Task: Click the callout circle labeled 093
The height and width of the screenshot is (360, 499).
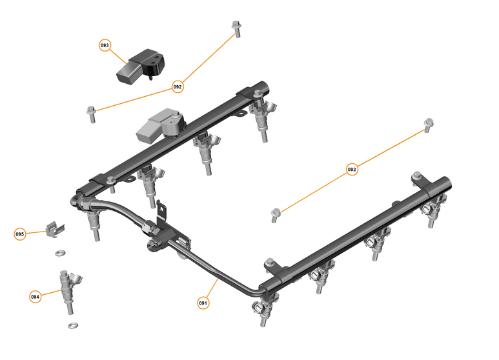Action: pos(105,45)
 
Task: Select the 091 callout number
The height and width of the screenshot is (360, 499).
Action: pos(203,301)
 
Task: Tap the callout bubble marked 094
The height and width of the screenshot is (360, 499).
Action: pos(35,297)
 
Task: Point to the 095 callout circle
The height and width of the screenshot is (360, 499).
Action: pos(19,234)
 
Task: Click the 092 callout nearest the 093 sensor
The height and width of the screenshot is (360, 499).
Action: pos(178,86)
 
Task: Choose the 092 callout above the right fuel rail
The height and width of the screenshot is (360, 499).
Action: pos(352,170)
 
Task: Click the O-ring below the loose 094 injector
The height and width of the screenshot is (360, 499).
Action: pos(73,325)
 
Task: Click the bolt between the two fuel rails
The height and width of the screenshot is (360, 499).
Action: pos(276,213)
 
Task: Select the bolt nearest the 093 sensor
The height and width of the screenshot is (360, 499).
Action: pos(90,113)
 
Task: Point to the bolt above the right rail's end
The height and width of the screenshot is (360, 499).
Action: pos(426,125)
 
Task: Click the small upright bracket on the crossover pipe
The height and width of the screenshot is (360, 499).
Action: pos(162,212)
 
